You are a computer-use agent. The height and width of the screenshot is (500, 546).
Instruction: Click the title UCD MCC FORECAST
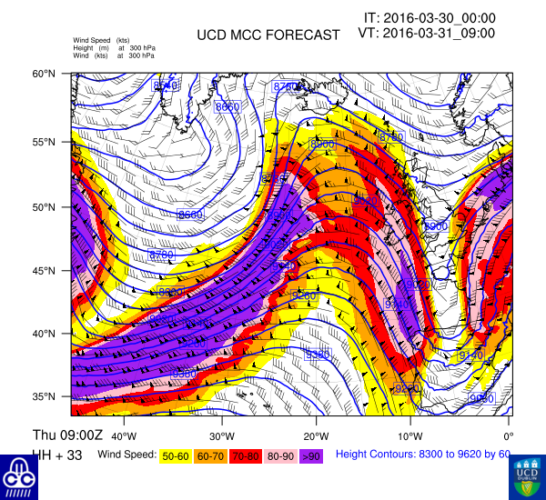pyautogui.click(x=268, y=35)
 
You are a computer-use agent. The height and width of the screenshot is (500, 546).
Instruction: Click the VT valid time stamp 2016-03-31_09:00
pyautogui.click(x=426, y=33)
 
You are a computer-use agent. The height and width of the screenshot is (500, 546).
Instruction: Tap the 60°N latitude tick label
pyautogui.click(x=57, y=74)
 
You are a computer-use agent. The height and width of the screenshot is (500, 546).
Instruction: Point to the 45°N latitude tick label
pyautogui.click(x=57, y=271)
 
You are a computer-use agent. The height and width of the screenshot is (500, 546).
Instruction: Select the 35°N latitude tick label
pyautogui.click(x=57, y=397)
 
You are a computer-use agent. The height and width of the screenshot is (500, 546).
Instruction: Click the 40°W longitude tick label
pyautogui.click(x=124, y=424)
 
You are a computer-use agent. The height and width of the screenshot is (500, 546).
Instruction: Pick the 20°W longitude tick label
pyautogui.click(x=317, y=424)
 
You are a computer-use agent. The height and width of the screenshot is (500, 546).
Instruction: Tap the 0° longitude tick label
pyautogui.click(x=508, y=424)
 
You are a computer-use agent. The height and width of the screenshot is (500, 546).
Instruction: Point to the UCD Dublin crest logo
pyautogui.click(x=527, y=475)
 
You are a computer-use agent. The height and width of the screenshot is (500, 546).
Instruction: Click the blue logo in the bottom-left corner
pyautogui.click(x=18, y=475)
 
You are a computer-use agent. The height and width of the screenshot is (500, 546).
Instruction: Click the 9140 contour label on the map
pyautogui.click(x=470, y=355)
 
